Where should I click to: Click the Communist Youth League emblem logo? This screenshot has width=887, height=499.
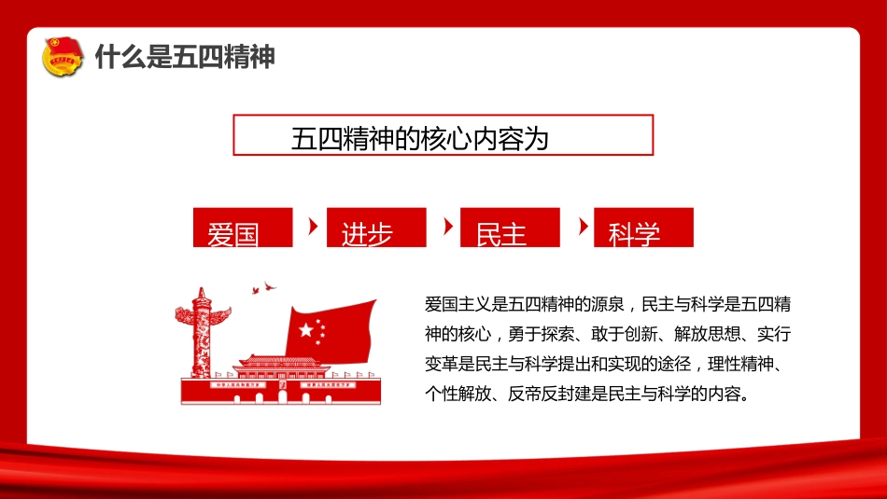point(63,57)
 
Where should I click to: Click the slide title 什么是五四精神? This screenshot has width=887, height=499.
point(185,57)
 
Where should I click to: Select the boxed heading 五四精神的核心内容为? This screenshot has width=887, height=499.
point(443,135)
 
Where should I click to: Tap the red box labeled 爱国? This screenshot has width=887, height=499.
point(243,228)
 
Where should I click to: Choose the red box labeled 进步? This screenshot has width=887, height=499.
point(376,228)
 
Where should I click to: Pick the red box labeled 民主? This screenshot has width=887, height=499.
point(510,228)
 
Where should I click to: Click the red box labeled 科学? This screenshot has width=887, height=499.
point(643,228)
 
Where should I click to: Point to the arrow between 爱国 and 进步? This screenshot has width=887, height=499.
point(313,227)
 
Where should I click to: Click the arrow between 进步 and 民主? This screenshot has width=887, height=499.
point(448,227)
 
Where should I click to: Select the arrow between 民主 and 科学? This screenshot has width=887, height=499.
point(584,227)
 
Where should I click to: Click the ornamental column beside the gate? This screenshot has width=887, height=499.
point(201,332)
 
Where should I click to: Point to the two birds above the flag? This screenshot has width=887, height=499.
point(263,287)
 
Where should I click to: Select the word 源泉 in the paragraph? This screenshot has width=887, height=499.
point(608,304)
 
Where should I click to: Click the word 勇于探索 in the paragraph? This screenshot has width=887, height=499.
point(541,334)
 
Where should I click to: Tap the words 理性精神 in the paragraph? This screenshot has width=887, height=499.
point(740,364)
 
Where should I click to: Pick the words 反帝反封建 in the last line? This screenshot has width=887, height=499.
point(549,394)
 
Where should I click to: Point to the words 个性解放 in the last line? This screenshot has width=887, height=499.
point(458,394)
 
